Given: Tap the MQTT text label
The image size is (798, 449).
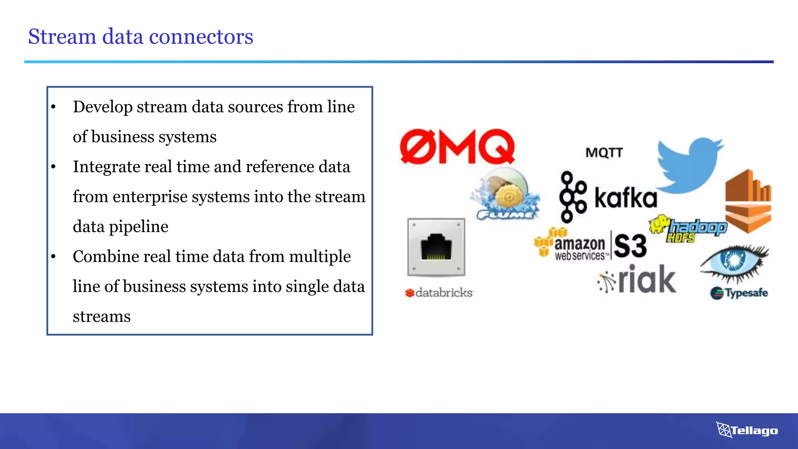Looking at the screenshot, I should pyautogui.click(x=604, y=152).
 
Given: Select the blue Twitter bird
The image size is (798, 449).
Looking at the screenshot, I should pyautogui.click(x=689, y=165).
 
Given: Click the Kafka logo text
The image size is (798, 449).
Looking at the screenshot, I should pyautogui.click(x=625, y=198).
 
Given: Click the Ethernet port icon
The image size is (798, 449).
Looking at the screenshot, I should pyautogui.click(x=436, y=247).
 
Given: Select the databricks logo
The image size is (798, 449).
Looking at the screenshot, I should pyautogui.click(x=439, y=293).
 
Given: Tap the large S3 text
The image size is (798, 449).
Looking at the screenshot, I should pyautogui.click(x=630, y=246).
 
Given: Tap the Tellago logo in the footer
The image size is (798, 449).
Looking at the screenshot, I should pyautogui.click(x=747, y=430).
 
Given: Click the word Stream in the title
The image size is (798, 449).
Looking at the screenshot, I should pyautogui.click(x=62, y=37).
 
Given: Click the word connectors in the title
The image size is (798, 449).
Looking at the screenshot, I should pyautogui.click(x=201, y=37).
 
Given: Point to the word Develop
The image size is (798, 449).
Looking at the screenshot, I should pyautogui.click(x=102, y=107).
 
